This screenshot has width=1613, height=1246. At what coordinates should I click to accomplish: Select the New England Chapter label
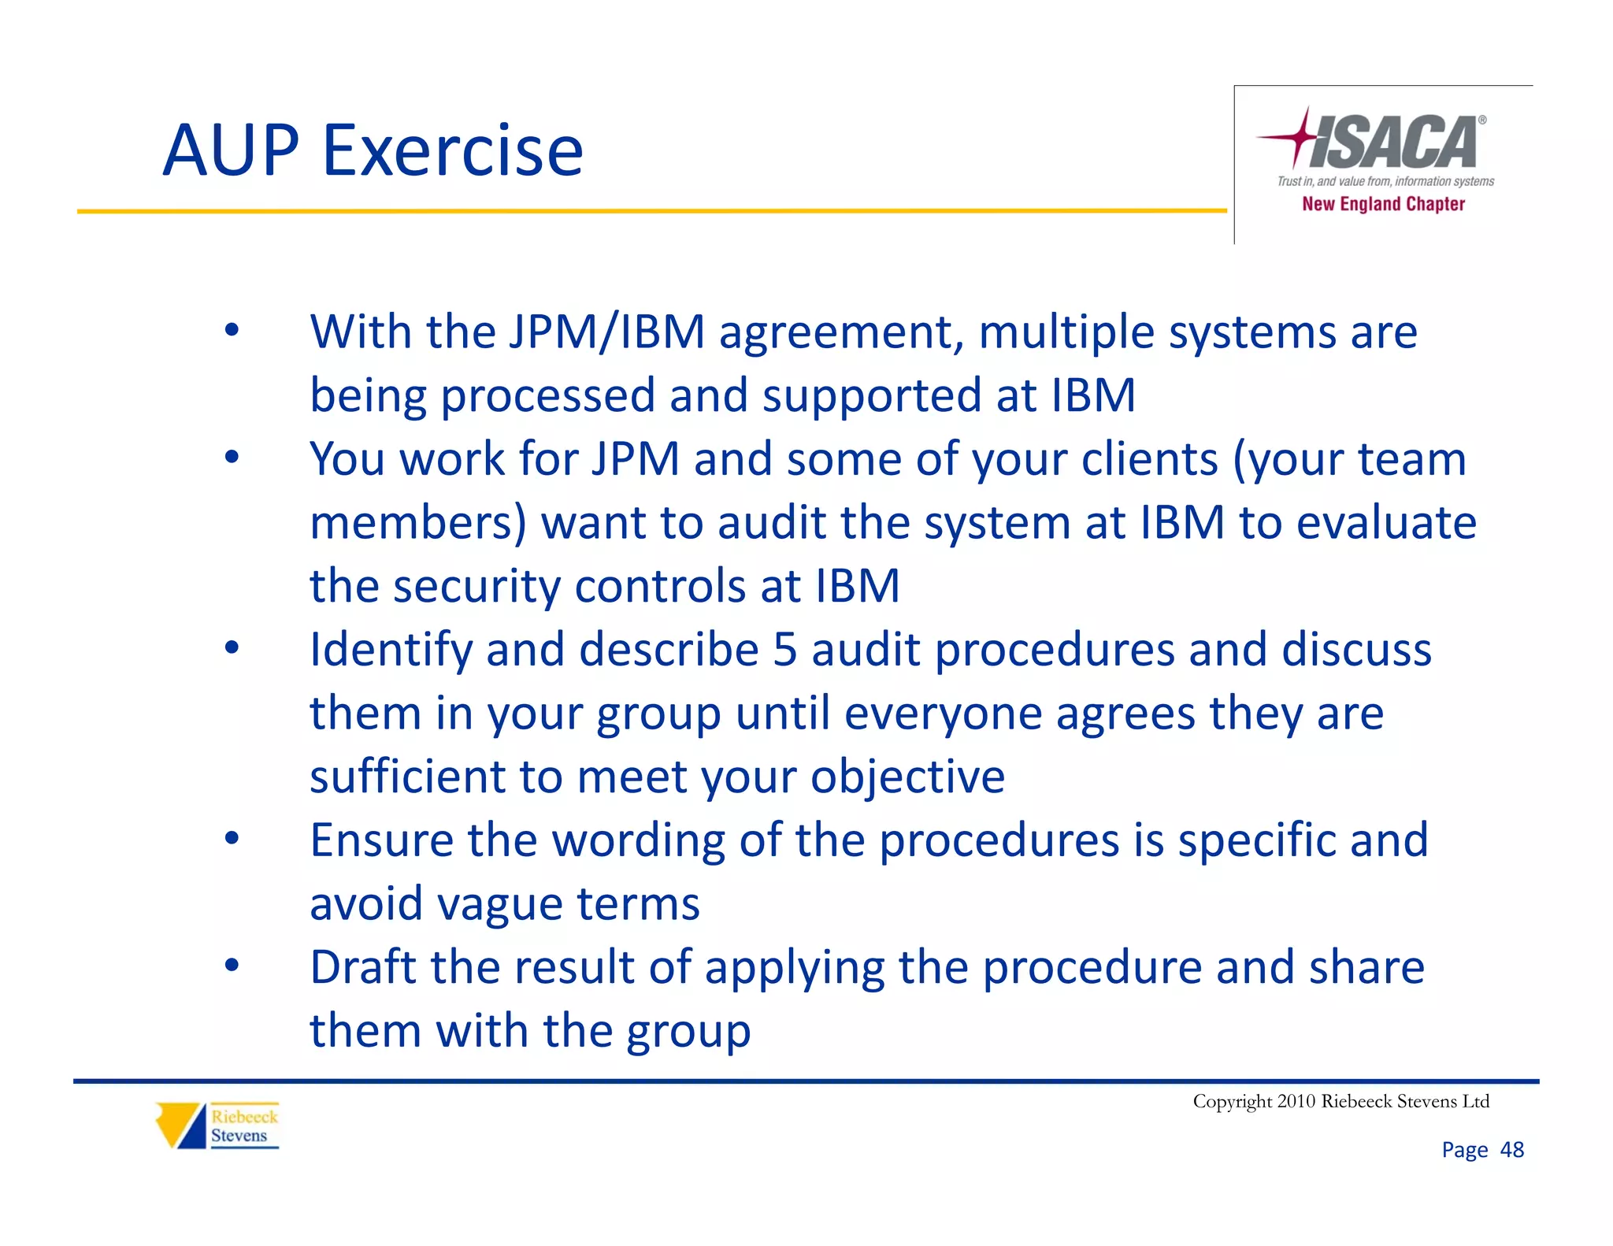[1383, 204]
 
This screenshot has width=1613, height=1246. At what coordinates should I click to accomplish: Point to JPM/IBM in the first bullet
[606, 332]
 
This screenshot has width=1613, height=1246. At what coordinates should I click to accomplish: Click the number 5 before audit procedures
[785, 650]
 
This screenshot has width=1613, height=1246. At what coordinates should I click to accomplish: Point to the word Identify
[391, 651]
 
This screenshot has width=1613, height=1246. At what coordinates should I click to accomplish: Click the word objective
[907, 778]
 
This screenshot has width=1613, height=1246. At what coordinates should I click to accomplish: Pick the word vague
[499, 904]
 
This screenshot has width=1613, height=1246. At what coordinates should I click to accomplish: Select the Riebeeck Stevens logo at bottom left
[217, 1125]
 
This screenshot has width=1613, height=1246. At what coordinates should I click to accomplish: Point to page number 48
[1511, 1150]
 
